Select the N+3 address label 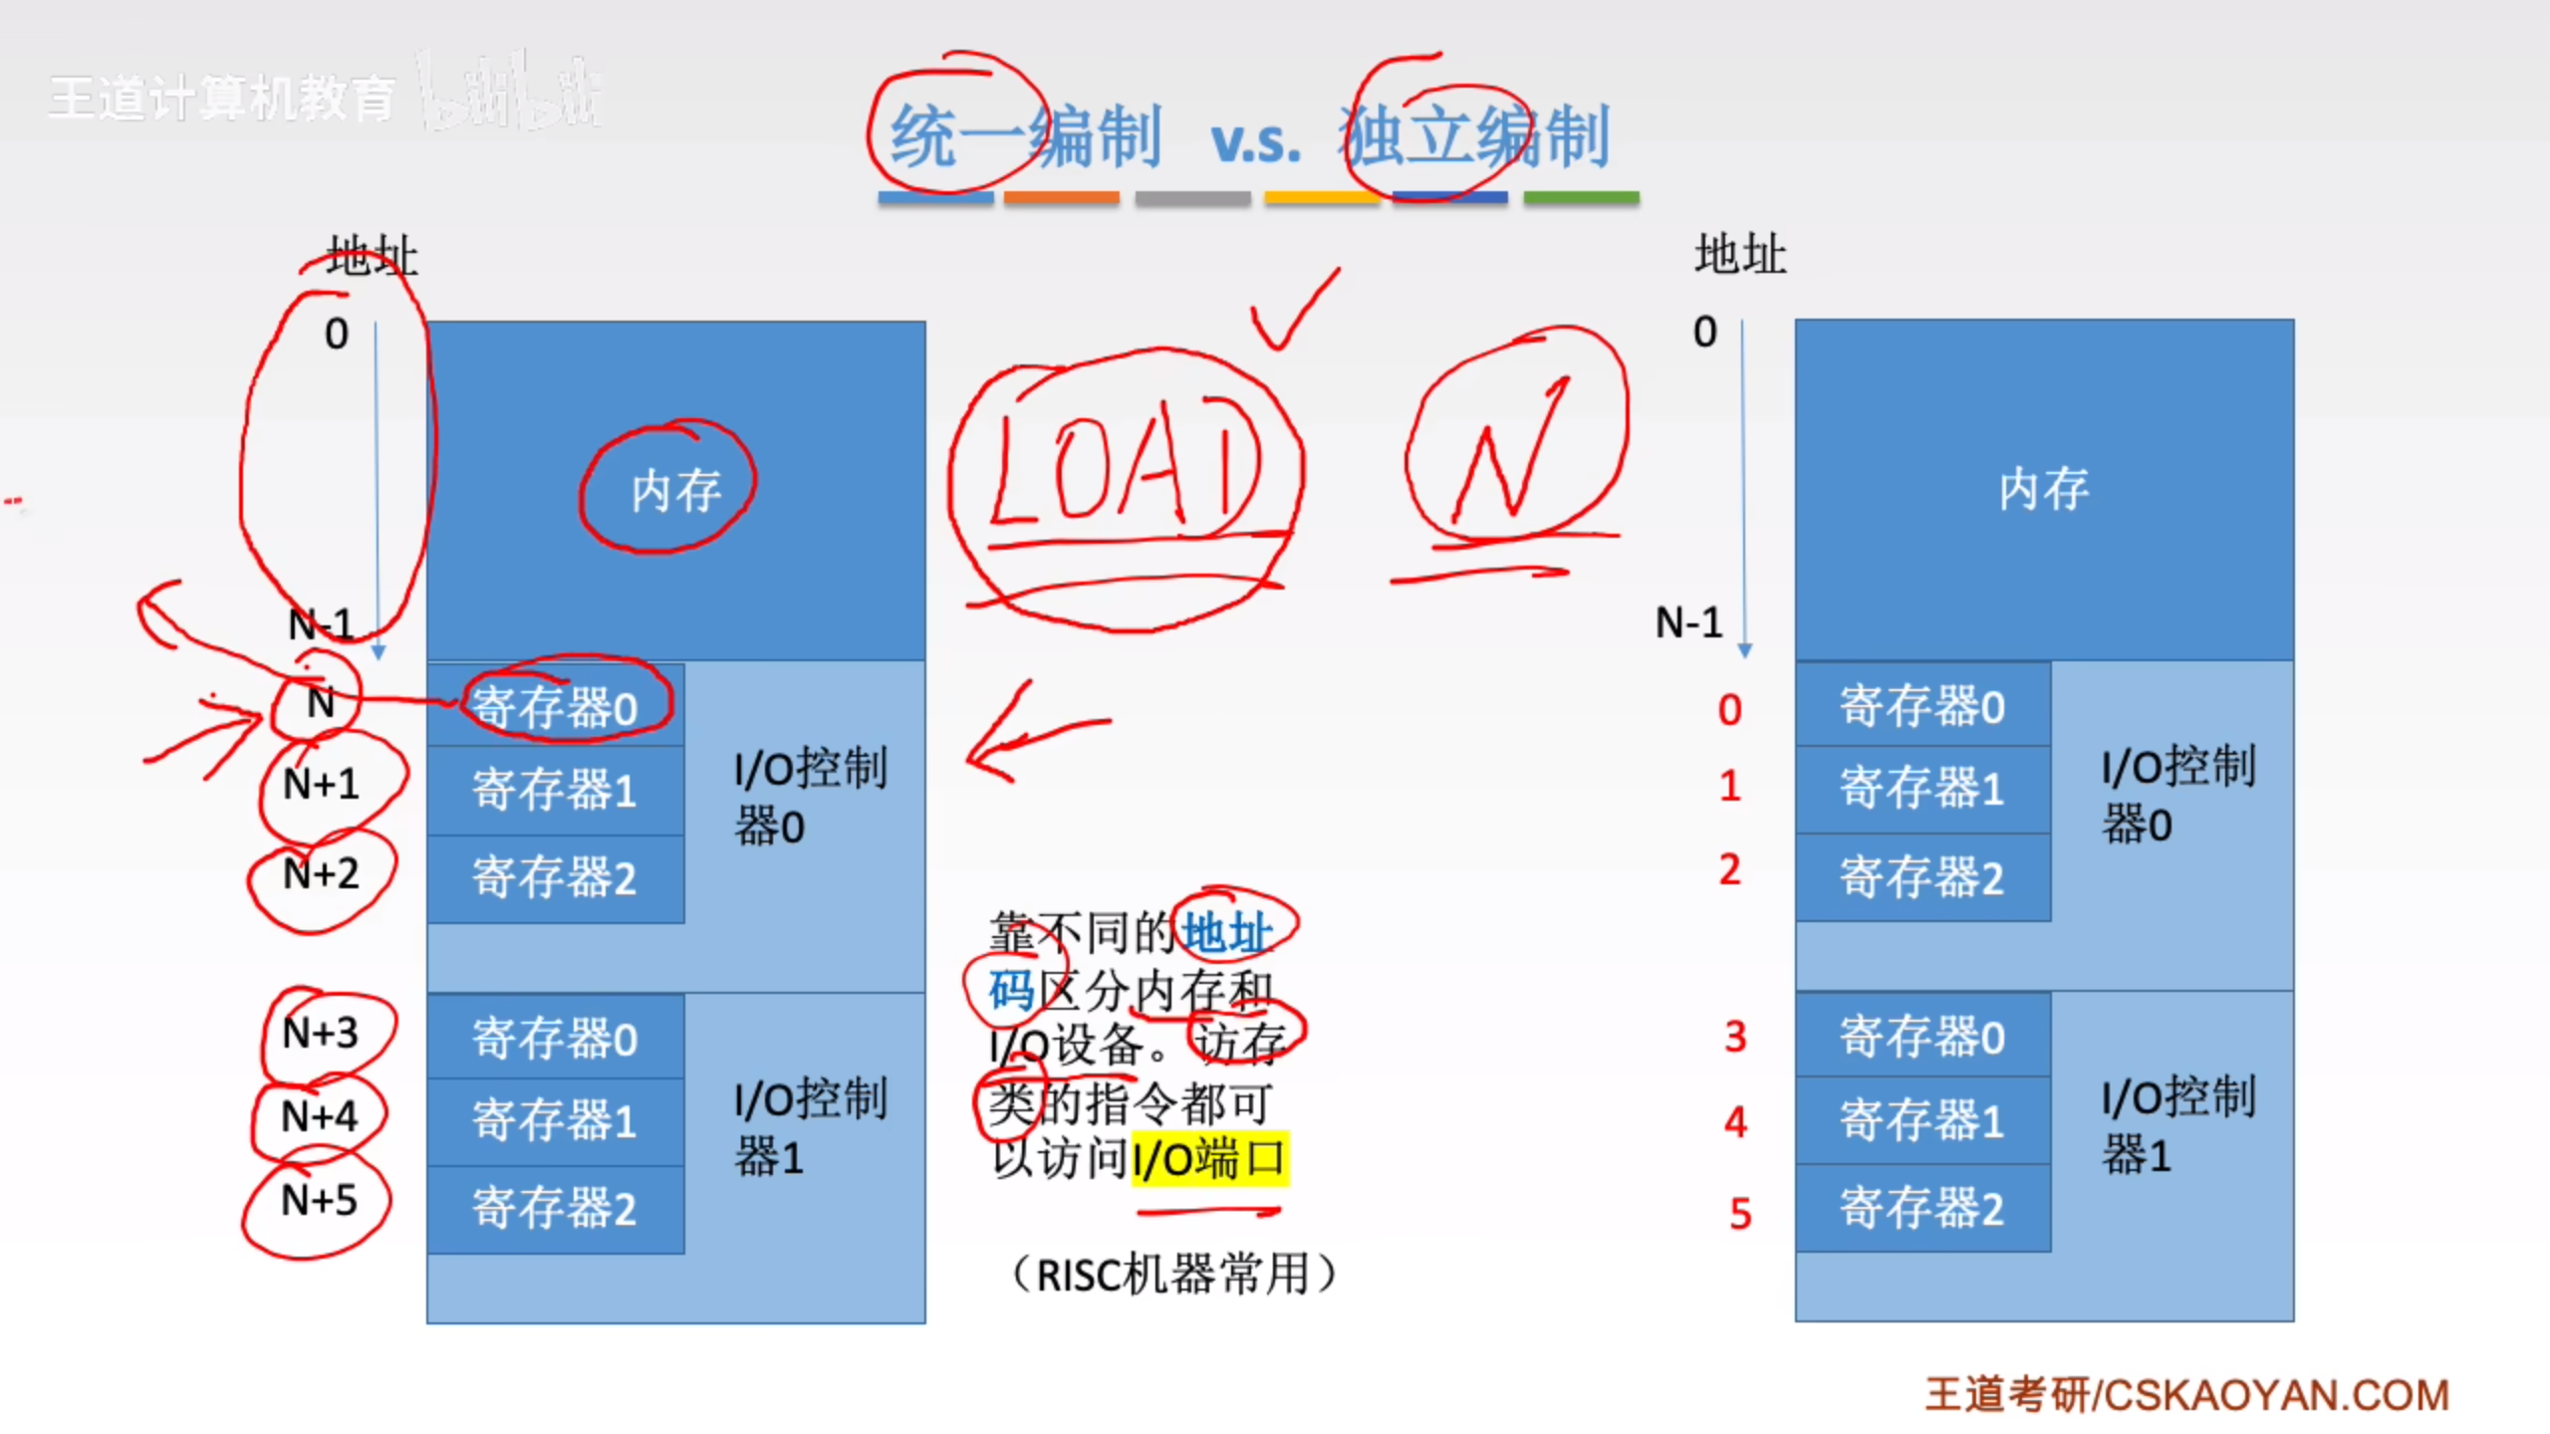321,1033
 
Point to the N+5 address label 319,1200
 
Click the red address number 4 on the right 1735,1122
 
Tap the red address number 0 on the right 1730,710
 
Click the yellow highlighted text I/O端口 1209,1159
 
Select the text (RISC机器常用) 1173,1274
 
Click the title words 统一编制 1026,137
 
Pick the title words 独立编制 1474,137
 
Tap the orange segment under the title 1061,198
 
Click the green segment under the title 1581,198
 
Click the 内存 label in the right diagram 2044,489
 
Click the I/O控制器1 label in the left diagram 809,1128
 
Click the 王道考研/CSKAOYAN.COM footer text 2186,1395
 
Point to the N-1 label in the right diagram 1688,623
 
